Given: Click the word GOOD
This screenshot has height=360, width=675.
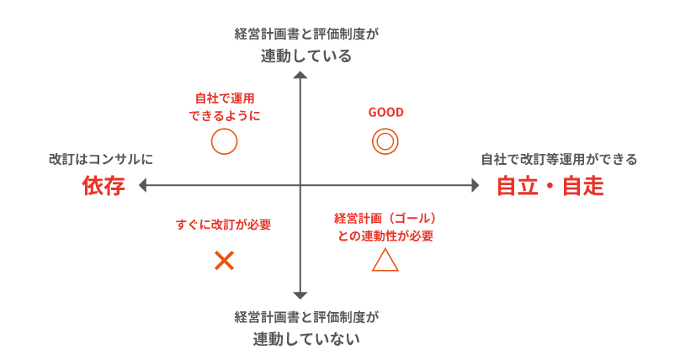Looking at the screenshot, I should pos(385,113).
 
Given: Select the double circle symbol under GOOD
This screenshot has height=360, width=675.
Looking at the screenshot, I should pos(385,141).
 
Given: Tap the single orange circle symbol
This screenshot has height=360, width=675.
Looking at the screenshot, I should pos(224,141).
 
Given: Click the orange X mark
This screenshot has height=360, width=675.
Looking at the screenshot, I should pos(224,261).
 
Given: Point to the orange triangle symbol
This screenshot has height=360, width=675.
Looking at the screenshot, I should pos(385,261).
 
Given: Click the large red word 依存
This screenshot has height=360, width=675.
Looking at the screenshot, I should pos(104,186).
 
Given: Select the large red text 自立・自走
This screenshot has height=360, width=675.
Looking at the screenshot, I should pos(550,186).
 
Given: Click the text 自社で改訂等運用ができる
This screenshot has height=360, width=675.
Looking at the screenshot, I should pos(559,159).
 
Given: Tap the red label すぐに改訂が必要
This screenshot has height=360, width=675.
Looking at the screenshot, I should pos(224,225).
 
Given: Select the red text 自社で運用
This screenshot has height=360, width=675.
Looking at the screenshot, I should pos(225,98).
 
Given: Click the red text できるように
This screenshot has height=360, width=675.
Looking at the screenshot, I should pos(225,115).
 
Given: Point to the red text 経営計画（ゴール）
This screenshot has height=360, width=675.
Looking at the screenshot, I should pos(385,218).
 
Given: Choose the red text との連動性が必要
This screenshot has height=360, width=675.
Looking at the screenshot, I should pos(385,236).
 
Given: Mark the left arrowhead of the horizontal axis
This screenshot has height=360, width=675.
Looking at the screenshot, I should pos(143,185).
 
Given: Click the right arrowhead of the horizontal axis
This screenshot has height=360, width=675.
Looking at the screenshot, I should pos(475,185).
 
